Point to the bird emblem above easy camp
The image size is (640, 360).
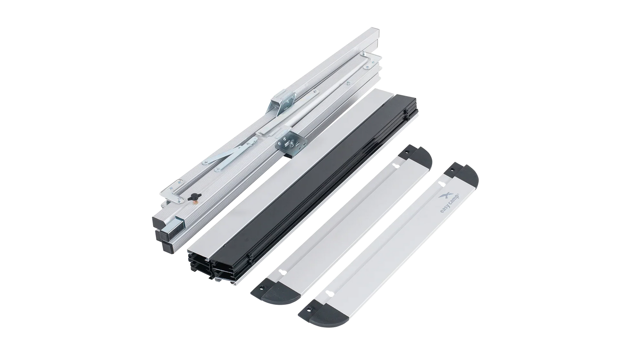pyautogui.click(x=443, y=197)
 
